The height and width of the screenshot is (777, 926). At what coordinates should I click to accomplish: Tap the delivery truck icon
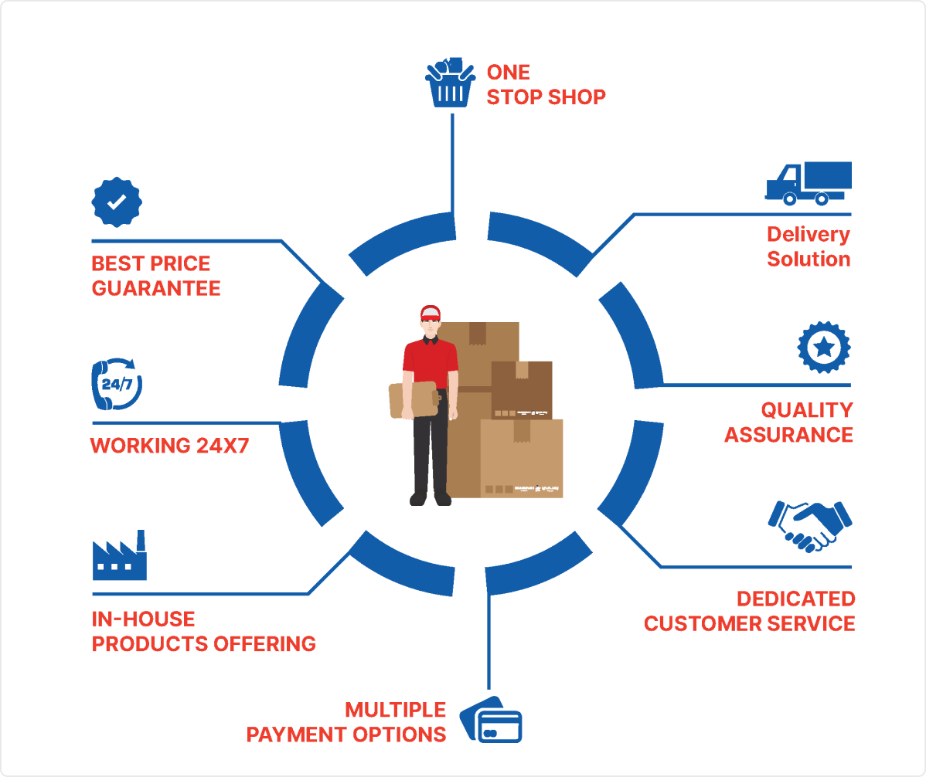(x=809, y=183)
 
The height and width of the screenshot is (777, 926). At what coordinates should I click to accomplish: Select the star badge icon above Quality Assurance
(x=824, y=347)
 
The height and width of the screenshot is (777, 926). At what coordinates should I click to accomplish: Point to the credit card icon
(x=492, y=720)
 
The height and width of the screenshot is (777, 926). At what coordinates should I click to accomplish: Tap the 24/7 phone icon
(x=117, y=383)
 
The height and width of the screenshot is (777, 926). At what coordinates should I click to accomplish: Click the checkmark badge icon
(x=117, y=202)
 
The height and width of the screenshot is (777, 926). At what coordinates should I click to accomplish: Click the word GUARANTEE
(x=156, y=289)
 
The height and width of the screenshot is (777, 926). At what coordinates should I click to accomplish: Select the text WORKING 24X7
(x=169, y=446)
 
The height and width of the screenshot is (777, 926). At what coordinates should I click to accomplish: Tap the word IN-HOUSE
(x=143, y=619)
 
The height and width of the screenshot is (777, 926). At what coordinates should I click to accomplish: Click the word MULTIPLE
(x=396, y=710)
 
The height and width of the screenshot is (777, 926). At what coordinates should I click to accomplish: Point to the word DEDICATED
(x=796, y=599)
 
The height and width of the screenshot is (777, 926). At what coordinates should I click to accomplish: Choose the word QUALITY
(x=807, y=410)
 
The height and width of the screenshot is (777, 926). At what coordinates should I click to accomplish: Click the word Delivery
(x=809, y=235)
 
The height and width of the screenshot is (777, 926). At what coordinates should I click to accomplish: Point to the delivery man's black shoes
(x=431, y=500)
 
